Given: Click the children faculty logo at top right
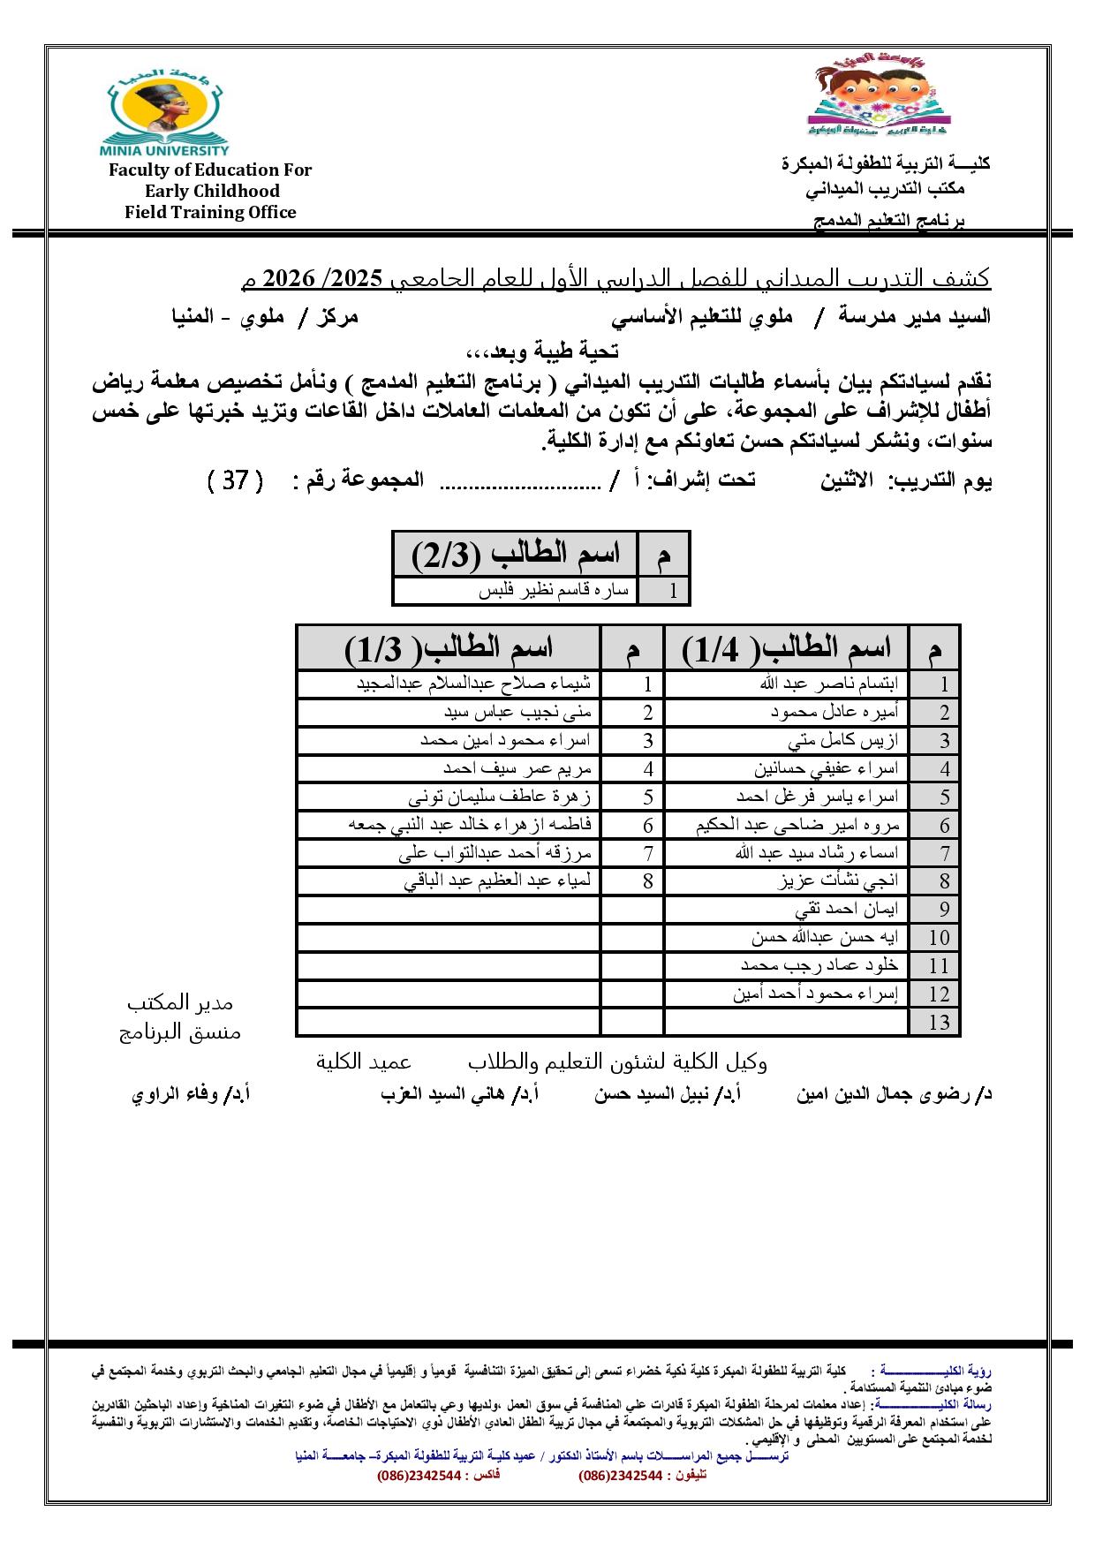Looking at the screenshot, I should (x=878, y=96).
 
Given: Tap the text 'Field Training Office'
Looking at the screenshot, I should (x=210, y=212).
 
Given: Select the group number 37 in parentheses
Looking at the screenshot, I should (x=235, y=481).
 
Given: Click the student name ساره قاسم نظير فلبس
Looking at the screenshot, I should (x=554, y=591).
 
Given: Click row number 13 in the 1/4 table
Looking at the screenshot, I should (x=939, y=1022).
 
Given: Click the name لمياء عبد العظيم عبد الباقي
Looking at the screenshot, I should (x=498, y=880).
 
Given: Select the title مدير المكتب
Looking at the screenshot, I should (x=180, y=1003).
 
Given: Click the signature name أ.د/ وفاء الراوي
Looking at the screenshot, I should (x=191, y=1095).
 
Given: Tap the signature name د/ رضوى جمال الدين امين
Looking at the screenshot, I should (x=894, y=1095).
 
